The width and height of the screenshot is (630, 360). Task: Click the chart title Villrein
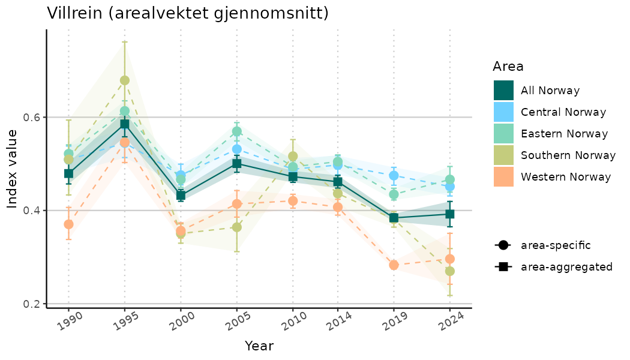(188, 13)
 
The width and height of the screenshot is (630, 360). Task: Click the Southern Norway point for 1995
(124, 80)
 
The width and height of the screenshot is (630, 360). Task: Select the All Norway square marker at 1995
(124, 124)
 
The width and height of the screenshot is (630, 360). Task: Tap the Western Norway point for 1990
(68, 224)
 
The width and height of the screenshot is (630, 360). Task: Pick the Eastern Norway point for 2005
(237, 131)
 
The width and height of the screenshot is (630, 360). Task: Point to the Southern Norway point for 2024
(449, 271)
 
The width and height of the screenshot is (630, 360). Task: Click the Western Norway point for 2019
(394, 265)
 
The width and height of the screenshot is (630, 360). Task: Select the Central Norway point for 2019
(394, 176)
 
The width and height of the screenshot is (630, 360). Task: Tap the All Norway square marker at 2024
(449, 214)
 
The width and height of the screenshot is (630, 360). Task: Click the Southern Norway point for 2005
(237, 227)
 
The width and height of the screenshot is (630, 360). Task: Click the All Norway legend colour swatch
(503, 91)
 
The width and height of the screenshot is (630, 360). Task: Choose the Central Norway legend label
(563, 112)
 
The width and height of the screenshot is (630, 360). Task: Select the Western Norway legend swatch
(503, 177)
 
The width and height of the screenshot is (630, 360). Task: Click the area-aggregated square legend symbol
(503, 266)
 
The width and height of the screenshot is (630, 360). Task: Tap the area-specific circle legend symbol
(503, 245)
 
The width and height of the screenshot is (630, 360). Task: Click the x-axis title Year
(259, 346)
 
